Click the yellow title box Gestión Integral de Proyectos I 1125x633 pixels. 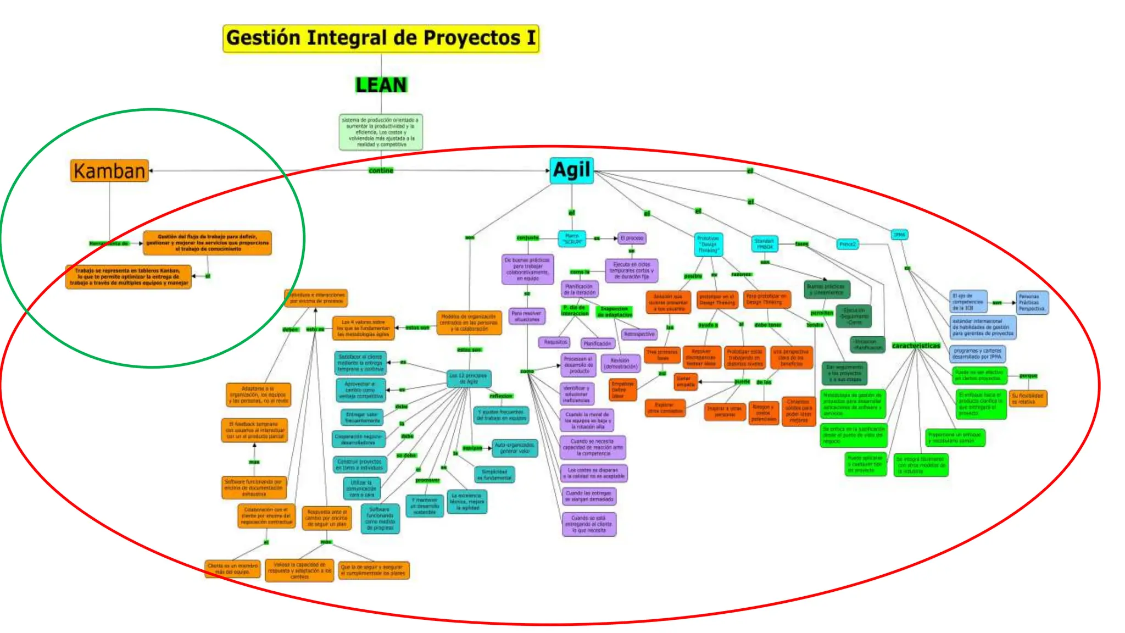(381, 38)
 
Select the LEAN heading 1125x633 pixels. (381, 85)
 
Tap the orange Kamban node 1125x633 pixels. (109, 171)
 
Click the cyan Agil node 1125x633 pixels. (571, 170)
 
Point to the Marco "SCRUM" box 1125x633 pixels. (572, 238)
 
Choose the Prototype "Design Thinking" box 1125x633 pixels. (708, 244)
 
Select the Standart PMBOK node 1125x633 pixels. (764, 243)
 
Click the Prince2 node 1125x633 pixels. (847, 244)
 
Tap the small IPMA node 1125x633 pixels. (899, 235)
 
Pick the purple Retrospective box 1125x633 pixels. (639, 334)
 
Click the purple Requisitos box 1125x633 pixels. (555, 342)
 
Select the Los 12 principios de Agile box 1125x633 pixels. (468, 379)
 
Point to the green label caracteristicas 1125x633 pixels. (916, 346)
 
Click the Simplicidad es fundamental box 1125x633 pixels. (494, 475)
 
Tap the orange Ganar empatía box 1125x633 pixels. (685, 381)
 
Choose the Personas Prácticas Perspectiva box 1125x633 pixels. (1032, 302)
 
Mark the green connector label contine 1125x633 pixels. (381, 171)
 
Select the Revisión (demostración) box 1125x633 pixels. (620, 363)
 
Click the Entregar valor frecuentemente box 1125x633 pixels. (362, 418)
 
